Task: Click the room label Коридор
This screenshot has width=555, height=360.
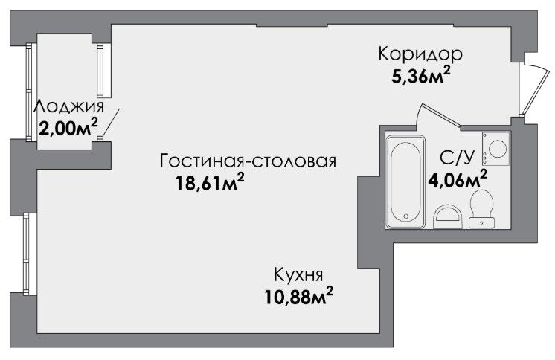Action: pyautogui.click(x=420, y=54)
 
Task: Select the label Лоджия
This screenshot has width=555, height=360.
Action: pyautogui.click(x=69, y=106)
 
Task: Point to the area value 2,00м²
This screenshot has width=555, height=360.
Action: pyautogui.click(x=68, y=128)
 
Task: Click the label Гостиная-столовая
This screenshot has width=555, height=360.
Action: pyautogui.click(x=248, y=161)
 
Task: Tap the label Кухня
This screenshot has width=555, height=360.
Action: pyautogui.click(x=299, y=275)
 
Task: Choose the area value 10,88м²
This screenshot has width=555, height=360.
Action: pyautogui.click(x=299, y=296)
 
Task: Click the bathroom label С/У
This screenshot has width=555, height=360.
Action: pyautogui.click(x=457, y=158)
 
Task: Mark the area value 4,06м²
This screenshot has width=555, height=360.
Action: pyautogui.click(x=458, y=179)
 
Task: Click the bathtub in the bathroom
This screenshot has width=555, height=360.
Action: pyautogui.click(x=405, y=181)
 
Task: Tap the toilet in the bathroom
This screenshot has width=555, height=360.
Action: pyautogui.click(x=481, y=209)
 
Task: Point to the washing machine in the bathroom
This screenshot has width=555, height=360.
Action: pyautogui.click(x=495, y=149)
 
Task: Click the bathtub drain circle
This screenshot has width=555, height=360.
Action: pyautogui.click(x=406, y=216)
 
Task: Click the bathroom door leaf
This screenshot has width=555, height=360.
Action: pyautogui.click(x=440, y=115)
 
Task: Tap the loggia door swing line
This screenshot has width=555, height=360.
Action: pyautogui.click(x=110, y=123)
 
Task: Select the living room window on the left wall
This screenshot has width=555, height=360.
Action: pyautogui.click(x=26, y=254)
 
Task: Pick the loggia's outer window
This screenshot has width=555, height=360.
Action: pyautogui.click(x=30, y=92)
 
